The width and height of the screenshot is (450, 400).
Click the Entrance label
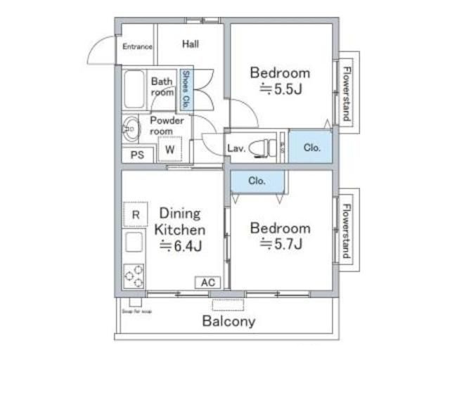pyautogui.click(x=137, y=47)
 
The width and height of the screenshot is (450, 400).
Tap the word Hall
pyautogui.click(x=190, y=44)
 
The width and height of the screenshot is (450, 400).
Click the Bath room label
pyautogui.click(x=162, y=87)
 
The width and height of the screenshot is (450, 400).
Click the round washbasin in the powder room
pyautogui.click(x=131, y=129)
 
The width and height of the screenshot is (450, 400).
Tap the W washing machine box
pyautogui.click(x=170, y=149)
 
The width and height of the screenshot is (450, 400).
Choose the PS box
pyautogui.click(x=137, y=155)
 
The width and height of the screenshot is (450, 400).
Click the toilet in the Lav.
pyautogui.click(x=264, y=148)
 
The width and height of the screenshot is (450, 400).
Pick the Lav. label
pyautogui.click(x=236, y=148)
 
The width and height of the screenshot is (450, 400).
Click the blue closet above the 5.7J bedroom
pyautogui.click(x=257, y=181)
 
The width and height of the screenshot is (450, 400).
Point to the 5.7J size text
pyautogui.click(x=282, y=245)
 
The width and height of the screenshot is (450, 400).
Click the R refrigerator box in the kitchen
pyautogui.click(x=136, y=214)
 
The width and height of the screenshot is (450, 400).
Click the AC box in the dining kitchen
pyautogui.click(x=207, y=283)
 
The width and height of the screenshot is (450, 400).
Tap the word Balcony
pyautogui.click(x=229, y=323)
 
